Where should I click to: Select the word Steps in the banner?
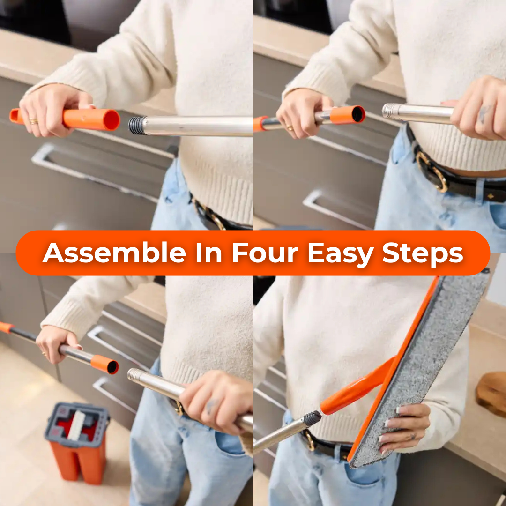pos(422,253)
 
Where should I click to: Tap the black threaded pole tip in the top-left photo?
pos(137,126)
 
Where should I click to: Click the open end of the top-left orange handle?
pos(112,120)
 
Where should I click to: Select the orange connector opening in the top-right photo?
pos(358,114)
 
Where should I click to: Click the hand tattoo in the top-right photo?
pos(484,114)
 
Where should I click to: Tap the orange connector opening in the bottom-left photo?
pos(112,367)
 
